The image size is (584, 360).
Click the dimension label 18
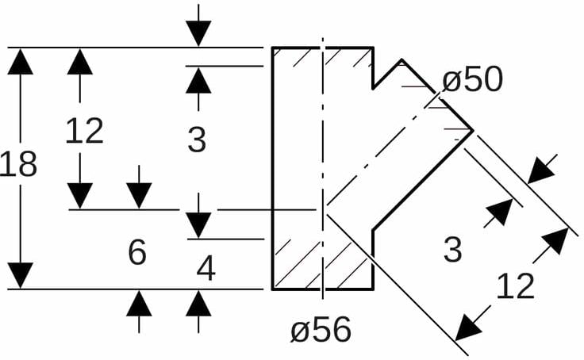tap(19, 165)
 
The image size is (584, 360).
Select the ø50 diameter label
tap(473, 80)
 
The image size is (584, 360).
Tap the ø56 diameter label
tap(321, 330)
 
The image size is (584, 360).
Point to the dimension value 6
tap(137, 253)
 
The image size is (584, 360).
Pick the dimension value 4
tap(206, 270)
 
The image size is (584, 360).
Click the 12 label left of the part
tap(84, 131)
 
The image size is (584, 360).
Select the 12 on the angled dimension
tap(515, 286)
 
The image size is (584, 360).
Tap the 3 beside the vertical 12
tap(197, 140)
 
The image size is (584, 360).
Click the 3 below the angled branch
tap(451, 250)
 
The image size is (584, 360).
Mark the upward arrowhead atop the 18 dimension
tap(20, 61)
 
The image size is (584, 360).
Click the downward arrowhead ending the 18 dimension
tap(20, 275)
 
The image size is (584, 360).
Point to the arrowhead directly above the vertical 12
tap(80, 61)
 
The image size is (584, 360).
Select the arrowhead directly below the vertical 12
tap(80, 195)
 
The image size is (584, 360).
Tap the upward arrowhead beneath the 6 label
tap(139, 304)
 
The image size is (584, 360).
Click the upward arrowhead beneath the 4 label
tap(199, 304)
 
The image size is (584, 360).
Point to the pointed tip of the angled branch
tap(473, 129)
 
